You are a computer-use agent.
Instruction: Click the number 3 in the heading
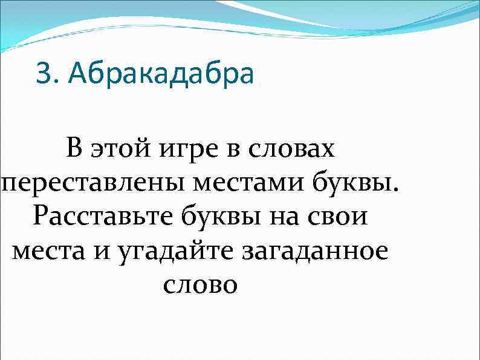(44, 75)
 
